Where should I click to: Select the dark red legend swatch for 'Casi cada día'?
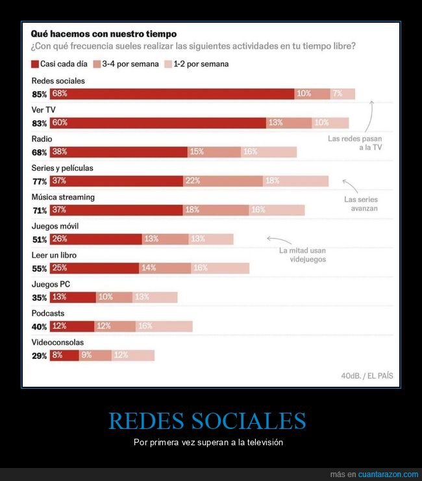(35, 64)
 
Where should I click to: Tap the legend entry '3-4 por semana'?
(126, 64)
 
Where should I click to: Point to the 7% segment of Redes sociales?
(342, 94)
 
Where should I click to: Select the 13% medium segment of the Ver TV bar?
(280, 123)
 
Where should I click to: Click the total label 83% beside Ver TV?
(39, 123)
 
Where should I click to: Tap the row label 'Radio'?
(42, 139)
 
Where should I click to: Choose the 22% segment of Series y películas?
(223, 181)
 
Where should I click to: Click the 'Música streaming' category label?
(63, 197)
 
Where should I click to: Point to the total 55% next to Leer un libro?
(39, 268)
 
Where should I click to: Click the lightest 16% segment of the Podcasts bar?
(164, 326)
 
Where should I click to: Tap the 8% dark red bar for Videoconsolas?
(64, 356)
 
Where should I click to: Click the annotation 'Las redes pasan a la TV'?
(354, 143)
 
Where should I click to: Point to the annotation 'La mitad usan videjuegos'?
(303, 255)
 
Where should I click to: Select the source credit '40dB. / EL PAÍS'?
(366, 376)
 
